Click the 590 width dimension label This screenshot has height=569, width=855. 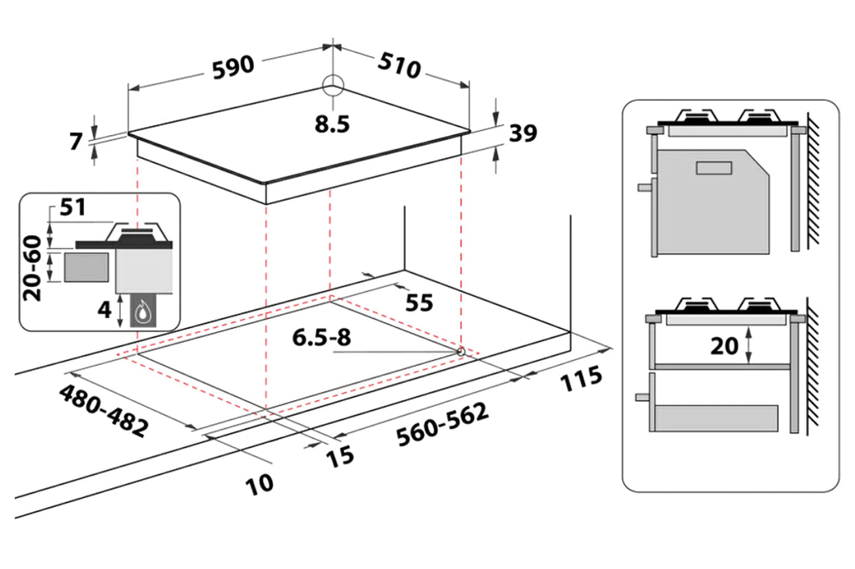click(233, 67)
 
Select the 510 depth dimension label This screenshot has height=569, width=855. click(399, 65)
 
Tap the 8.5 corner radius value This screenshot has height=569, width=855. click(332, 124)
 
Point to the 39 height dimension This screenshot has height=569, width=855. click(523, 133)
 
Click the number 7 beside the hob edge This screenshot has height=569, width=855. click(76, 142)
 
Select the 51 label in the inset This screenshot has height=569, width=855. click(73, 207)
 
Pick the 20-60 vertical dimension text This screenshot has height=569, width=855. click(33, 268)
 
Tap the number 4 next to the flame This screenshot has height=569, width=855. click(104, 309)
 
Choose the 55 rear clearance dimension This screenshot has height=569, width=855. click(419, 303)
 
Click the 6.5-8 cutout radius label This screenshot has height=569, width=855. click(321, 337)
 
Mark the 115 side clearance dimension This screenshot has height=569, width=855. click(581, 379)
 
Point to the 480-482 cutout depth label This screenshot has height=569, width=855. click(104, 411)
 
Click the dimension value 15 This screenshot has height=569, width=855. click(340, 456)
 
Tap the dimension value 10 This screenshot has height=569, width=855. click(259, 484)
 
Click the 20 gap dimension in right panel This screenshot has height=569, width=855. click(724, 346)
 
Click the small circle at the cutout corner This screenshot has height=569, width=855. click(460, 352)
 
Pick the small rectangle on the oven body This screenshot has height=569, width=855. click(714, 168)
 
